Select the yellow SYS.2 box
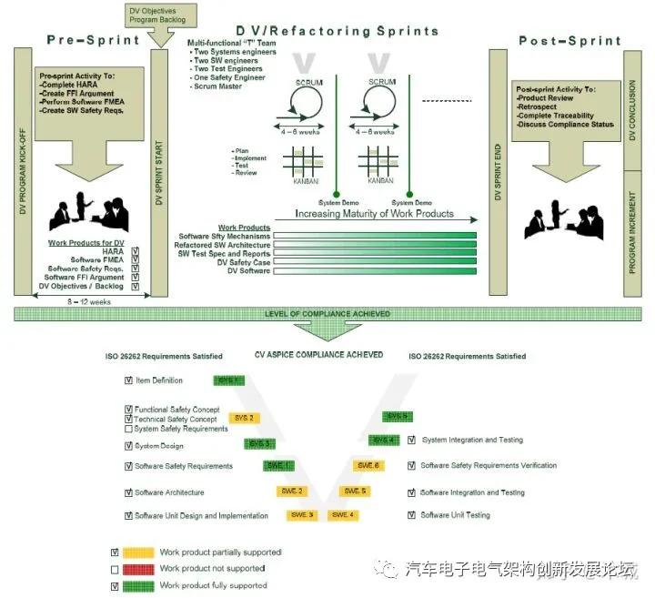[244, 418]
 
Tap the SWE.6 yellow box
[368, 466]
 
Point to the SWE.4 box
[343, 515]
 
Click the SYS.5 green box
[398, 417]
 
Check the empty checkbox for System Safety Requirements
[128, 429]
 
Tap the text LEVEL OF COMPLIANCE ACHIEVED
[327, 314]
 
